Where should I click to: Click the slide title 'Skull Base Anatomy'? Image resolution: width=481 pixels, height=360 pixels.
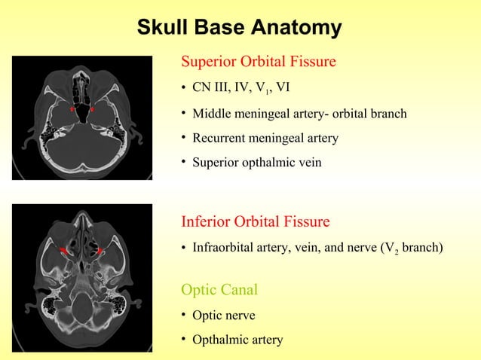(x=239, y=28)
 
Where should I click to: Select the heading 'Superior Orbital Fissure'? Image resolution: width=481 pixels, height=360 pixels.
(x=259, y=61)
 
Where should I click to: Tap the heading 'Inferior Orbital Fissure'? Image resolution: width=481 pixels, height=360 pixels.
(x=256, y=221)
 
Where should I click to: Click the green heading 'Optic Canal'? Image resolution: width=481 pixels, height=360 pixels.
(x=219, y=289)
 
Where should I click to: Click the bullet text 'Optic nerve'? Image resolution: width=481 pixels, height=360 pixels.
(x=224, y=316)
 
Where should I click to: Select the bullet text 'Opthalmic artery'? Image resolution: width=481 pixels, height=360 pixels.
(x=237, y=340)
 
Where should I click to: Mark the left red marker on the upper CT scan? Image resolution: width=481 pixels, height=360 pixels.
(x=72, y=110)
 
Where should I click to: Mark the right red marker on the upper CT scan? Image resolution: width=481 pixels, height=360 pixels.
(x=92, y=110)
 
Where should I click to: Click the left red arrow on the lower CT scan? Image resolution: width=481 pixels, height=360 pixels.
(x=66, y=249)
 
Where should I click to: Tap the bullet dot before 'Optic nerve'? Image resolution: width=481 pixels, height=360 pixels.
(x=184, y=316)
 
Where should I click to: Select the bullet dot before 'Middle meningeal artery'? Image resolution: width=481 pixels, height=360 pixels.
(x=184, y=114)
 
